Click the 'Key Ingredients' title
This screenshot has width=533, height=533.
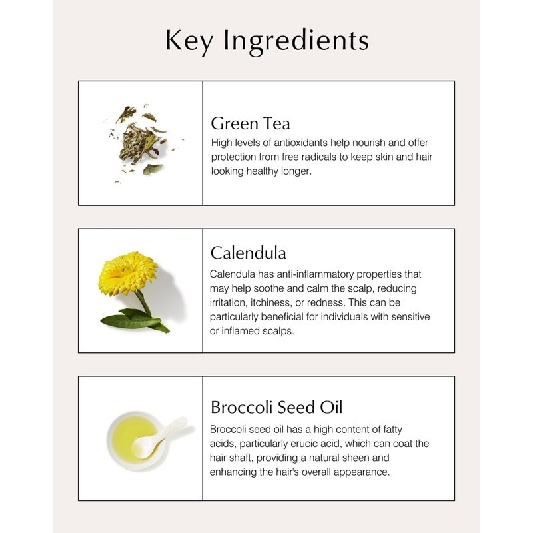267,41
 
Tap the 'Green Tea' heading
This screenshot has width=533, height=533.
251,123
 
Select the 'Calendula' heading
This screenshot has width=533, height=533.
248,253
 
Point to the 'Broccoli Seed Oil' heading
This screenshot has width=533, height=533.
276,407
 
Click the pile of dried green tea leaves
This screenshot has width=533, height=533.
140,143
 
